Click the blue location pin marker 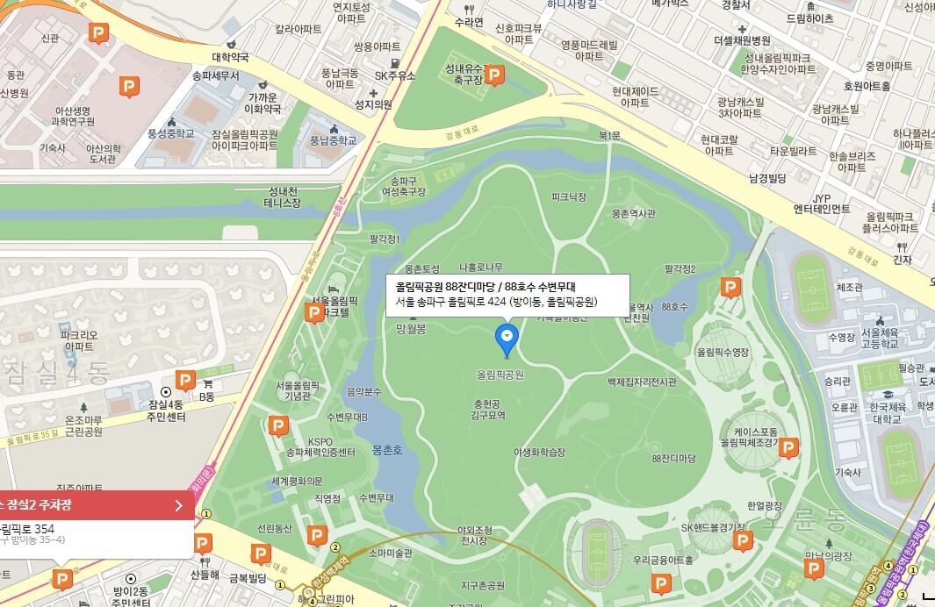(x=507, y=338)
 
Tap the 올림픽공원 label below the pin (x=500, y=375)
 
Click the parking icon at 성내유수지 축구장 (x=494, y=76)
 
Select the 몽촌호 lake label (x=386, y=449)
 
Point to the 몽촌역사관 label (x=634, y=213)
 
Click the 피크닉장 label (x=568, y=197)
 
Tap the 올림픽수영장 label (x=723, y=352)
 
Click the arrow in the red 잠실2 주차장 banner (x=178, y=505)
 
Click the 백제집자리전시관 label (x=642, y=382)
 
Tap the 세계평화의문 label (x=297, y=481)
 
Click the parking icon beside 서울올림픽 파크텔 (x=313, y=313)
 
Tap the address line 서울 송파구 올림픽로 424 (x=496, y=302)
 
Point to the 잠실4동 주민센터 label (x=166, y=410)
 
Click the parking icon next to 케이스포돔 (x=788, y=449)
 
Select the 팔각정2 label (x=680, y=269)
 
